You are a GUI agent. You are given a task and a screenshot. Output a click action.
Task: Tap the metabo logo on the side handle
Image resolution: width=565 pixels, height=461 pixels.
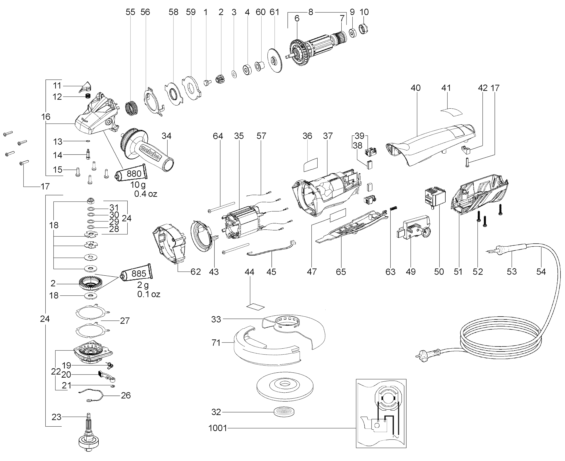coord(150,153)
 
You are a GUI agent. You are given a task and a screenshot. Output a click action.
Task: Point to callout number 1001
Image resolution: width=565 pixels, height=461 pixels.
coord(218,428)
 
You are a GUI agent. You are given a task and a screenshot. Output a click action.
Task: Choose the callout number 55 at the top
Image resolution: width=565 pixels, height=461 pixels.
coord(130,12)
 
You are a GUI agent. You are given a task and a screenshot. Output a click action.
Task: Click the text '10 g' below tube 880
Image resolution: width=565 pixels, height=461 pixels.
coord(138,184)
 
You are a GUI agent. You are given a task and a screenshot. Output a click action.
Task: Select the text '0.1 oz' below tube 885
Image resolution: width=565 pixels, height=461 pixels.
coord(149,294)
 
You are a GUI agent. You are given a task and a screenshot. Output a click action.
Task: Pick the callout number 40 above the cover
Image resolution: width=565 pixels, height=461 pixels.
coord(415,88)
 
